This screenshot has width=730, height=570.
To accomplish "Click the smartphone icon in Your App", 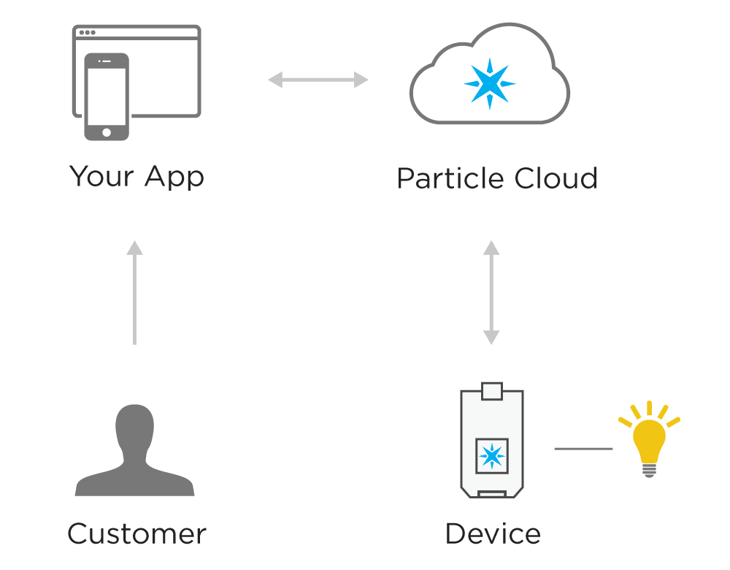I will tap(107, 96).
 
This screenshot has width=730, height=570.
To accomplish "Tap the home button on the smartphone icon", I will tap(107, 132).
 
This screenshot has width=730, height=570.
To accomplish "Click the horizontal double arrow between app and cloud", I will tap(318, 80).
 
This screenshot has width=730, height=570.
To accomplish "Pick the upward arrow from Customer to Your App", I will tap(134, 292).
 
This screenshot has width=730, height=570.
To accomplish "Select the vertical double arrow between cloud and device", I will tap(491, 292).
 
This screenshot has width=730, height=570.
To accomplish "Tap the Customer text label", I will tap(137, 534).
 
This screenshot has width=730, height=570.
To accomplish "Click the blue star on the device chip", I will tap(491, 457).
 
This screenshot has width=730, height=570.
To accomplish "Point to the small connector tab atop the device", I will tap(491, 390).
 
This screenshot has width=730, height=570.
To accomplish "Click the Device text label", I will tap(493, 534).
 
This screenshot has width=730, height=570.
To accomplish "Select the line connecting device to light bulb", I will tap(583, 449).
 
